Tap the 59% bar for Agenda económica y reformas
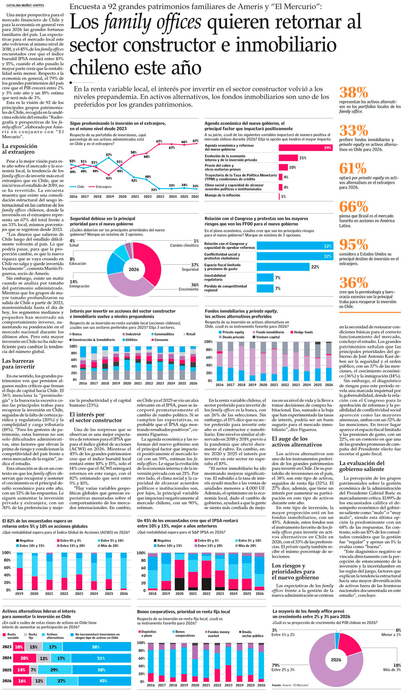pyautogui.click(x=305, y=148)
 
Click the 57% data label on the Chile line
pyautogui.click(x=109, y=155)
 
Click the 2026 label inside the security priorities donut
pyautogui.click(x=134, y=269)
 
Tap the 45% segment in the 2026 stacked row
pyautogui.click(x=104, y=681)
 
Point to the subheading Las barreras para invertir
pyautogui.click(x=18, y=364)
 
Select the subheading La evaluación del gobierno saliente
pyautogui.click(x=362, y=466)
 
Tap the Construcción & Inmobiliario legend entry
pyautogui.click(x=93, y=340)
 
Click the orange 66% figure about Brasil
pyautogui.click(x=353, y=207)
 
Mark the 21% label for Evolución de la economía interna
pyautogui.click(x=303, y=158)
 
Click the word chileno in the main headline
pyautogui.click(x=99, y=68)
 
